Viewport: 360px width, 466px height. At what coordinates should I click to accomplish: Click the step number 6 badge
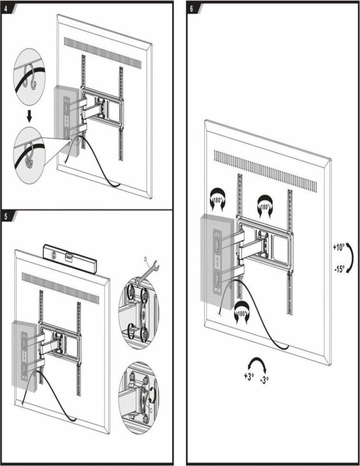pyautogui.click(x=193, y=8)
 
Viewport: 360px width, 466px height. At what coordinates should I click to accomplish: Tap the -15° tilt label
pyautogui.click(x=339, y=269)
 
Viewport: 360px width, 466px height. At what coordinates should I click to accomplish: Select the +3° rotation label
pyautogui.click(x=249, y=377)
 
